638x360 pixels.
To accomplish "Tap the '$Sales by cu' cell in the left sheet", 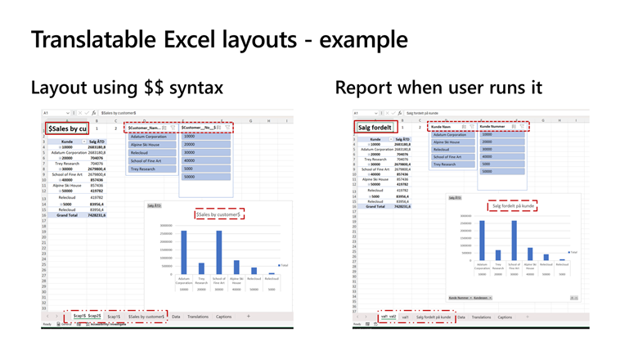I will coord(67,128).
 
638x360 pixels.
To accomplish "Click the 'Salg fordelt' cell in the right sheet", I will coord(375,127).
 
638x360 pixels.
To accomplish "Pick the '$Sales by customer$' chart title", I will coord(218,214).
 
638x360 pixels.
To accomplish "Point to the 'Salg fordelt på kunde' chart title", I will coord(513,206).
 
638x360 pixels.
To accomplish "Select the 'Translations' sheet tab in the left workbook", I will coord(198,317).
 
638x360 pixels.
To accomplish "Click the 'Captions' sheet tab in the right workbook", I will coord(505,317).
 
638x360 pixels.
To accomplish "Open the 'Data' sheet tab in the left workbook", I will coord(176,317).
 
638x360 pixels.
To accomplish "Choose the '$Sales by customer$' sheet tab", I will coord(146,317).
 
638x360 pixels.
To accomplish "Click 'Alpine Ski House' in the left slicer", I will coord(145,144).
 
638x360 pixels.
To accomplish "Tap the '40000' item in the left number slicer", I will coord(190,160).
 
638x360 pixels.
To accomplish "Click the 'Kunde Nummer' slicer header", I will coord(492,127).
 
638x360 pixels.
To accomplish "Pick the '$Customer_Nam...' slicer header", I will coord(144,128).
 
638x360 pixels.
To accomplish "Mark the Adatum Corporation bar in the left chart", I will coord(184,252).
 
